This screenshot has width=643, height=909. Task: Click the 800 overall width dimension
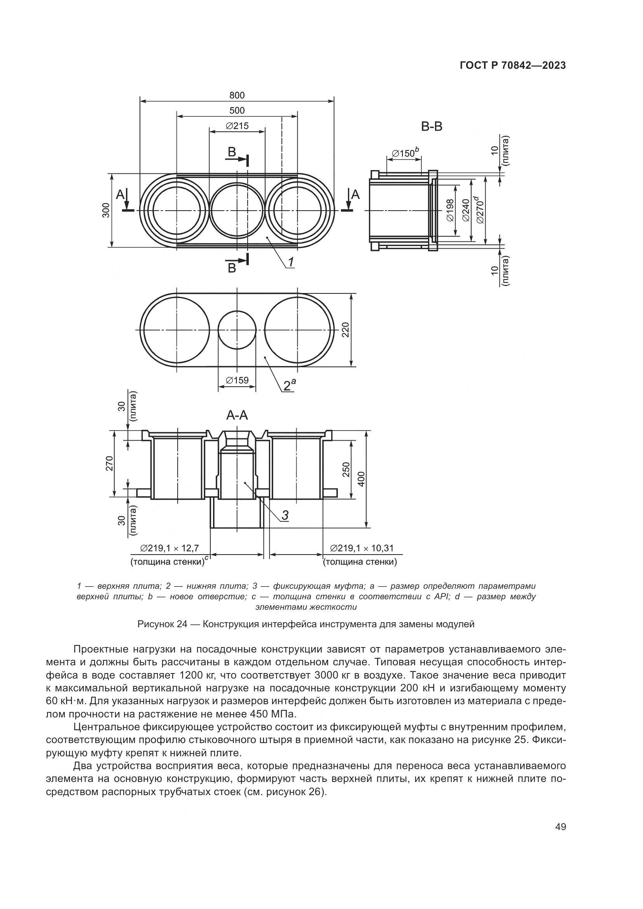pyautogui.click(x=237, y=96)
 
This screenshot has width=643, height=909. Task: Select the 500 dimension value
pyautogui.click(x=237, y=110)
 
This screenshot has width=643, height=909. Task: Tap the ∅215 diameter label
pyautogui.click(x=237, y=126)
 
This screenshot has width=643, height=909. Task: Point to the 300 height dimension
pyautogui.click(x=106, y=210)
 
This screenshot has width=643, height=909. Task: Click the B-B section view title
pyautogui.click(x=432, y=127)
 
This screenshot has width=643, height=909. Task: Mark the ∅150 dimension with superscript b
pyautogui.click(x=405, y=152)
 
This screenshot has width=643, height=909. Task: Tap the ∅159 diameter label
pyautogui.click(x=237, y=380)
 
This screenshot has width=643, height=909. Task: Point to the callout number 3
pyautogui.click(x=285, y=515)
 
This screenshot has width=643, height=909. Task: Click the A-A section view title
pyautogui.click(x=237, y=415)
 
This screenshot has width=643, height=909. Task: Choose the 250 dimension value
pyautogui.click(x=346, y=469)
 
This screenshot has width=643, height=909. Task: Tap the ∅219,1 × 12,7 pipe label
pyautogui.click(x=169, y=548)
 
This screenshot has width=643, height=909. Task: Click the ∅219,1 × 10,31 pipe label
pyautogui.click(x=362, y=548)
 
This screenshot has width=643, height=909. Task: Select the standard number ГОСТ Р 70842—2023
pyautogui.click(x=513, y=66)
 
